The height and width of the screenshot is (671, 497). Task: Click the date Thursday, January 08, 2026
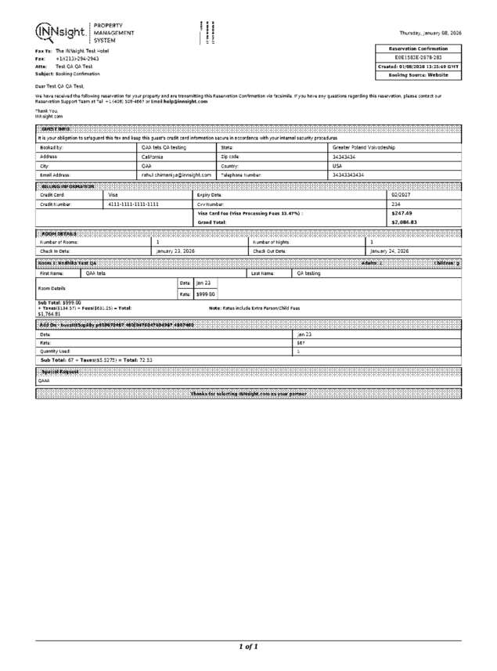(430, 33)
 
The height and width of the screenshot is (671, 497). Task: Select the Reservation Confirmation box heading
(419, 49)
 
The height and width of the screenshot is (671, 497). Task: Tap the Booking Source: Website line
(419, 75)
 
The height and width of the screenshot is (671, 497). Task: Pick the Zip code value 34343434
(344, 157)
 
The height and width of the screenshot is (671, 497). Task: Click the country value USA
(337, 166)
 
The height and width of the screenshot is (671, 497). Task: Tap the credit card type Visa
(113, 194)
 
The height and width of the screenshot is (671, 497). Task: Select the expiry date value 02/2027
(401, 194)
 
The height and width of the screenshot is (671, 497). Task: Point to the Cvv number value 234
(395, 204)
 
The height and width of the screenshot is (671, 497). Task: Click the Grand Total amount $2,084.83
(404, 222)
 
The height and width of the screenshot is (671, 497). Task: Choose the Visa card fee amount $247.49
(401, 213)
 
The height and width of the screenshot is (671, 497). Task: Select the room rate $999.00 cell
(205, 294)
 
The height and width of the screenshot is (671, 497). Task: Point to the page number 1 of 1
(248, 646)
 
